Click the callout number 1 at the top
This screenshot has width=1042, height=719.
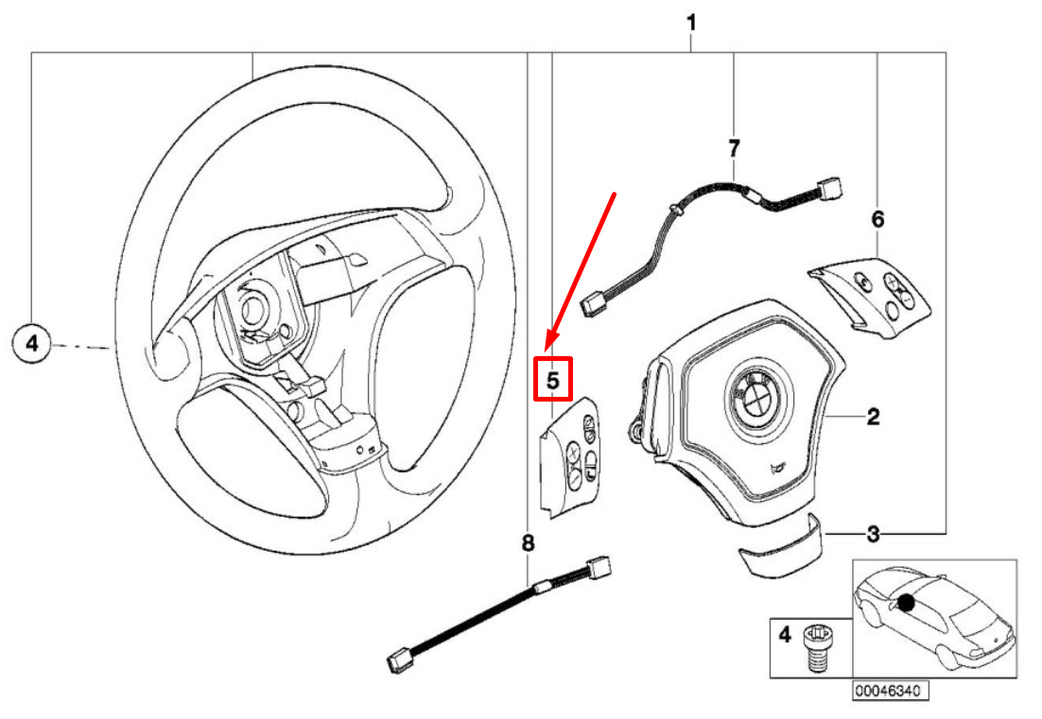click(691, 21)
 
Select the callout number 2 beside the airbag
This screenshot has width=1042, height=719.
click(873, 417)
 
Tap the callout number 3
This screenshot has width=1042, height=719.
click(873, 535)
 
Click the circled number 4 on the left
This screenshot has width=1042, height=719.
click(31, 345)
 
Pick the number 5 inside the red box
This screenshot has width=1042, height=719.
click(553, 380)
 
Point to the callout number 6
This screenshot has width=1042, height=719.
click(877, 220)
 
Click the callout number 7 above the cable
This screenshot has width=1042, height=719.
click(734, 147)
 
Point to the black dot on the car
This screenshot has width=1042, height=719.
click(907, 602)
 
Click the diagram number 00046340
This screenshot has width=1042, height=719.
click(888, 691)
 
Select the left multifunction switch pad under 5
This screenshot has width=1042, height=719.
click(571, 455)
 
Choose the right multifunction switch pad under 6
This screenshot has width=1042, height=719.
click(871, 296)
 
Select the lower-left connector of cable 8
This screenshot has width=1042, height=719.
click(398, 660)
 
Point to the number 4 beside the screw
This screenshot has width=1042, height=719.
click(784, 635)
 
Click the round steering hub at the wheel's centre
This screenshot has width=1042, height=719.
click(252, 307)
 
